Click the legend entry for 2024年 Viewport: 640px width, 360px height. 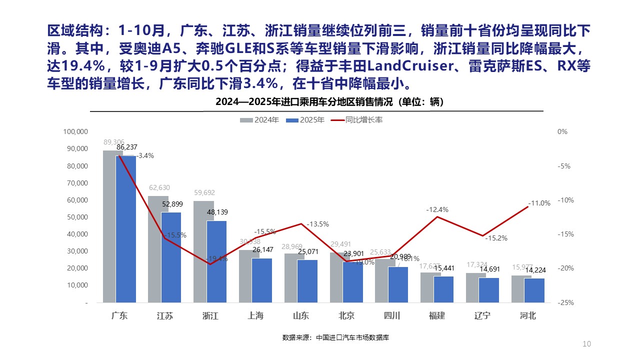[x=260, y=120]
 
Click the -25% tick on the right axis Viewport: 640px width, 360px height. [x=562, y=302]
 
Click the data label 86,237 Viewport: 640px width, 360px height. [x=127, y=147]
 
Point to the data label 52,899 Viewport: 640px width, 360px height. [x=172, y=203]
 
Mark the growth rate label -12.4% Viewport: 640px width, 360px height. [x=437, y=209]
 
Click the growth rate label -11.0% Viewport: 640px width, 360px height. [x=539, y=203]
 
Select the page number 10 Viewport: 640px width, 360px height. [x=587, y=343]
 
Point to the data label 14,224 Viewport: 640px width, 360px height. [x=536, y=270]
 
